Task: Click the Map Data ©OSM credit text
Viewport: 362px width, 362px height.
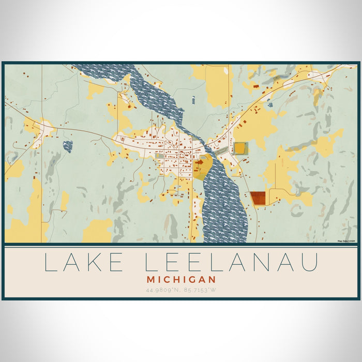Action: tap(346, 241)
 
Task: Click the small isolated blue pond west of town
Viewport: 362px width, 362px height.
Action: tap(67, 146)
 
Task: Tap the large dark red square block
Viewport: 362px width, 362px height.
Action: tap(258, 198)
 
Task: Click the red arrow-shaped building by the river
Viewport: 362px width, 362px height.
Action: tap(199, 162)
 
